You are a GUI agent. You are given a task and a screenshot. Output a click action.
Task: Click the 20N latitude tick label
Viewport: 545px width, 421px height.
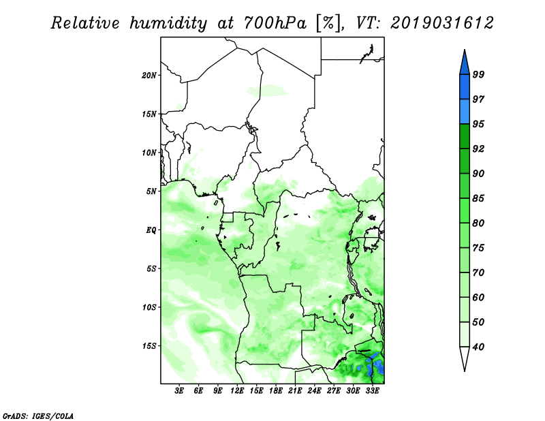click(x=149, y=75)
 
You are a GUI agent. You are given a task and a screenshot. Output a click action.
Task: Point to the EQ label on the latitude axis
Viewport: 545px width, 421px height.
click(x=151, y=230)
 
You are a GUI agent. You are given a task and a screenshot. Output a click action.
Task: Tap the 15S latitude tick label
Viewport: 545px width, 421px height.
click(x=149, y=346)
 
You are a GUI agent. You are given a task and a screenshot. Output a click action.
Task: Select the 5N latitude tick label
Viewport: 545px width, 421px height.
click(x=151, y=191)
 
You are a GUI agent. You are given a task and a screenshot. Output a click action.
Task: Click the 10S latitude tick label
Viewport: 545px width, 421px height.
click(x=149, y=307)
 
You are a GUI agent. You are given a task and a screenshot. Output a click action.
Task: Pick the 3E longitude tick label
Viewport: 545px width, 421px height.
click(x=179, y=391)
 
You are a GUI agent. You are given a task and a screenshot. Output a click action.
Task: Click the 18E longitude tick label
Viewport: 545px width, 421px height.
click(x=276, y=391)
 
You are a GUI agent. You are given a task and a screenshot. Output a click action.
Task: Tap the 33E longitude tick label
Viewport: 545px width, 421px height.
click(x=372, y=391)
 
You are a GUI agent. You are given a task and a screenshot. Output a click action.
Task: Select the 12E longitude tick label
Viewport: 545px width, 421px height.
click(x=237, y=391)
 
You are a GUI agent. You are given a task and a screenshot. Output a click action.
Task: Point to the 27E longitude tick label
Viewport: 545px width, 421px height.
click(x=334, y=391)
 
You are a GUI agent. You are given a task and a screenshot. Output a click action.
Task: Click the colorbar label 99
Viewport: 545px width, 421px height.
click(x=478, y=74)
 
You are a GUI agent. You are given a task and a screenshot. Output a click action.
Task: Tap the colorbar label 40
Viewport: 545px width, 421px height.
click(x=478, y=347)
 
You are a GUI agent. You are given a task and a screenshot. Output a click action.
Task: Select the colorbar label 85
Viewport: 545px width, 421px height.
click(x=478, y=198)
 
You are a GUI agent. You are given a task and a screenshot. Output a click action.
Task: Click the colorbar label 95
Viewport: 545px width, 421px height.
click(x=478, y=124)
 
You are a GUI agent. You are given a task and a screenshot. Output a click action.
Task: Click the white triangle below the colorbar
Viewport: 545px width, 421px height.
click(x=465, y=358)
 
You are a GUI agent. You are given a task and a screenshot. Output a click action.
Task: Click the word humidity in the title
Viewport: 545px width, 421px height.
click(x=168, y=23)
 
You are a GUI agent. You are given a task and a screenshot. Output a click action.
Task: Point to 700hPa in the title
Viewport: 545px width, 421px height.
click(x=275, y=23)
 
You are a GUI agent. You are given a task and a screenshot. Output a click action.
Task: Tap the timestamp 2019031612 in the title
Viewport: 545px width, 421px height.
click(x=441, y=23)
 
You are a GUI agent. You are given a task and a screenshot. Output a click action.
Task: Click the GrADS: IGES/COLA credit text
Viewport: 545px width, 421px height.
click(x=38, y=416)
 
